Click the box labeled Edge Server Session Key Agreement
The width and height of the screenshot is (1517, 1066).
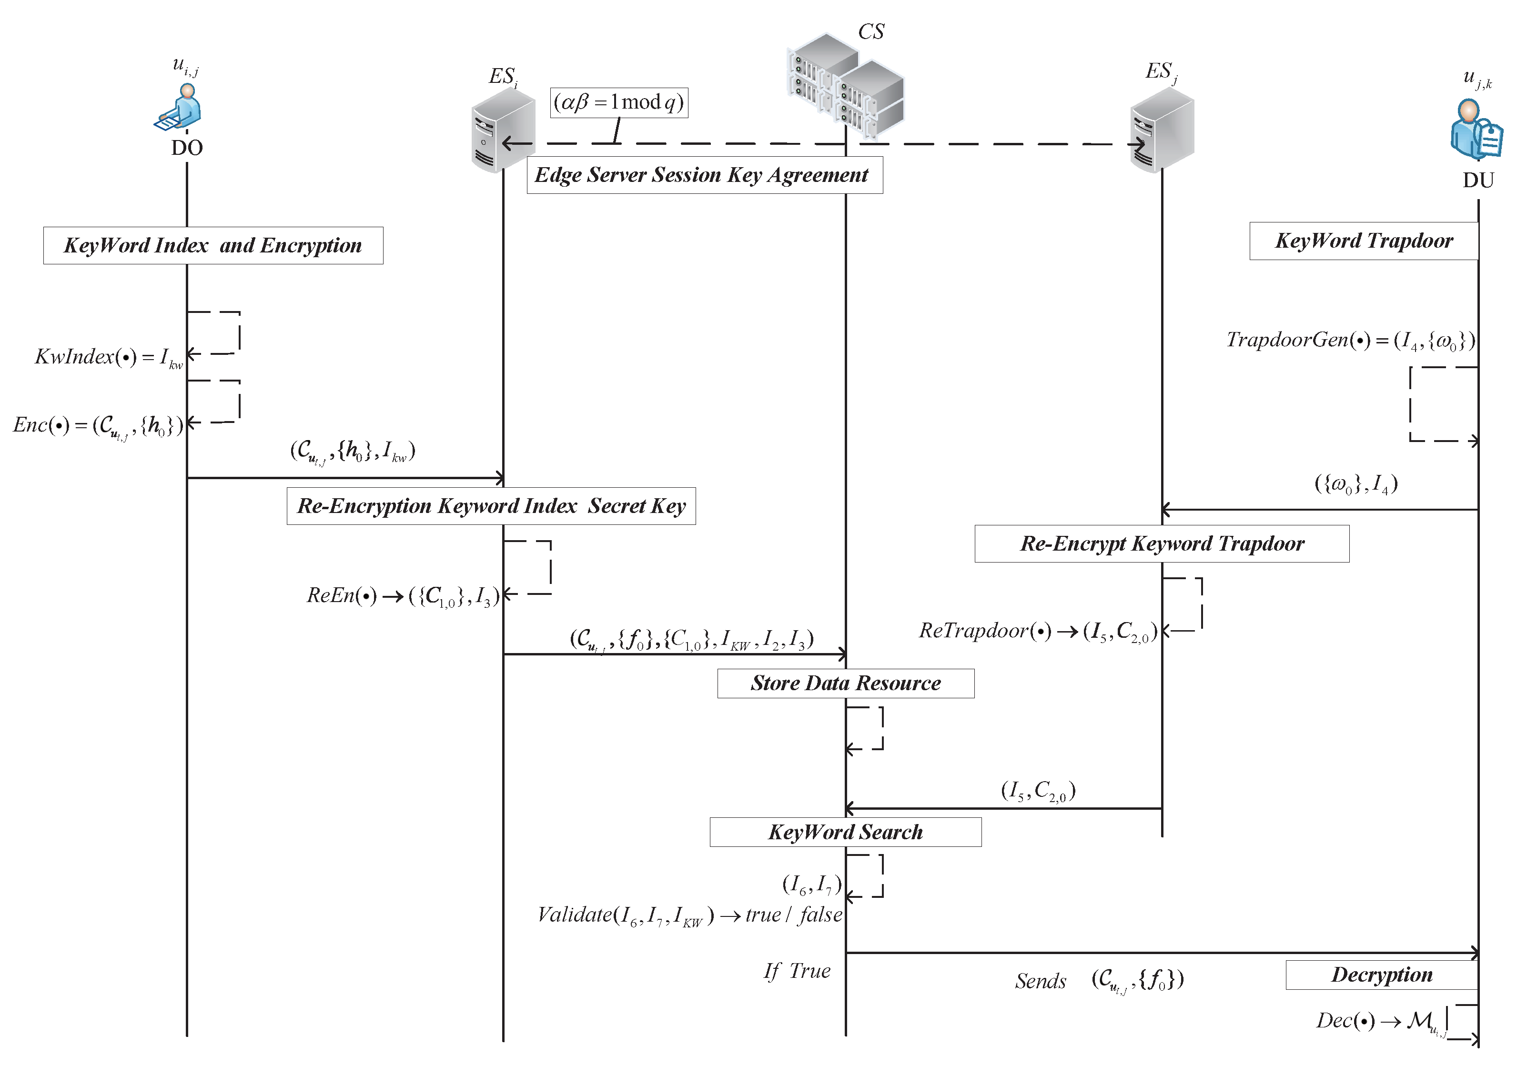[704, 175]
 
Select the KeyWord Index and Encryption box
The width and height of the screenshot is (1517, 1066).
[213, 246]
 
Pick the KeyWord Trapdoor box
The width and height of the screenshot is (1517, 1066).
[1363, 241]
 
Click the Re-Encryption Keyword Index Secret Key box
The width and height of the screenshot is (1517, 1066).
[491, 506]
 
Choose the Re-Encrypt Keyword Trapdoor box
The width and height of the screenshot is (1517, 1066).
[1162, 543]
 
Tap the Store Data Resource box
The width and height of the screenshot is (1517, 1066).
[845, 683]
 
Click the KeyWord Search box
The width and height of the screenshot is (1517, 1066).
[845, 832]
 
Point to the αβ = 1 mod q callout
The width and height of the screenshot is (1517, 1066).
[618, 102]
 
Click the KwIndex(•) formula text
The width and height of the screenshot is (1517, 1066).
[108, 357]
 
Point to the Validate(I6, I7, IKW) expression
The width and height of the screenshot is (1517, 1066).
[689, 915]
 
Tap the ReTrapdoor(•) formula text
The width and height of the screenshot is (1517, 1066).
[1037, 632]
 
